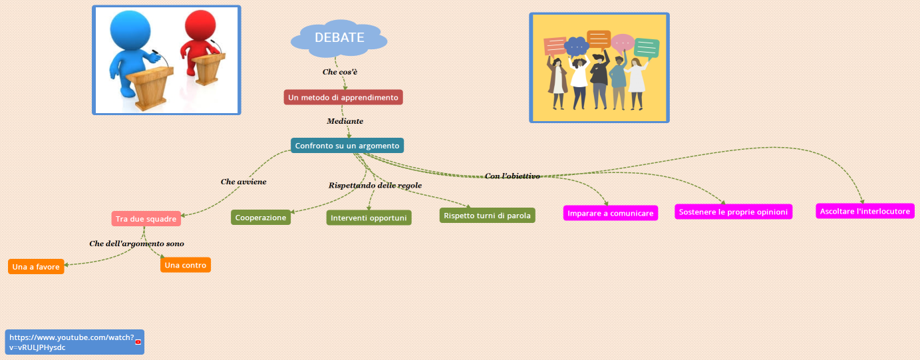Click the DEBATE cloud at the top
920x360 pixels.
pos(339,38)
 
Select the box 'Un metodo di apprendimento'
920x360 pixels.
pos(343,97)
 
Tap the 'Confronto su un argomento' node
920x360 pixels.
pos(347,145)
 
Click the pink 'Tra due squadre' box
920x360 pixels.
pos(146,218)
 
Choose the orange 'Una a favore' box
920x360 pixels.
pos(36,267)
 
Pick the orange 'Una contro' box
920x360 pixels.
pos(186,265)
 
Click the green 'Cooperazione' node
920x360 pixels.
pos(261,218)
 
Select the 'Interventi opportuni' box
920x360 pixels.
pos(369,218)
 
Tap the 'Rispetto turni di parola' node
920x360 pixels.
pos(487,215)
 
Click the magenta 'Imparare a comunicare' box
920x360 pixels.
pos(610,213)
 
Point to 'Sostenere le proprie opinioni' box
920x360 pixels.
pos(734,212)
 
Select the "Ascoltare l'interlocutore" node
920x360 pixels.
pos(865,211)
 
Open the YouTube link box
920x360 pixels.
pos(74,342)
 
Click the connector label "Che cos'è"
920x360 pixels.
pos(341,71)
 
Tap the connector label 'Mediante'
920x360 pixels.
pos(345,121)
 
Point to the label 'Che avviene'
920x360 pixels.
pos(243,181)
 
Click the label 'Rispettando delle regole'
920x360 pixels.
pos(375,185)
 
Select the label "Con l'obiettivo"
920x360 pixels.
pos(512,176)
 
